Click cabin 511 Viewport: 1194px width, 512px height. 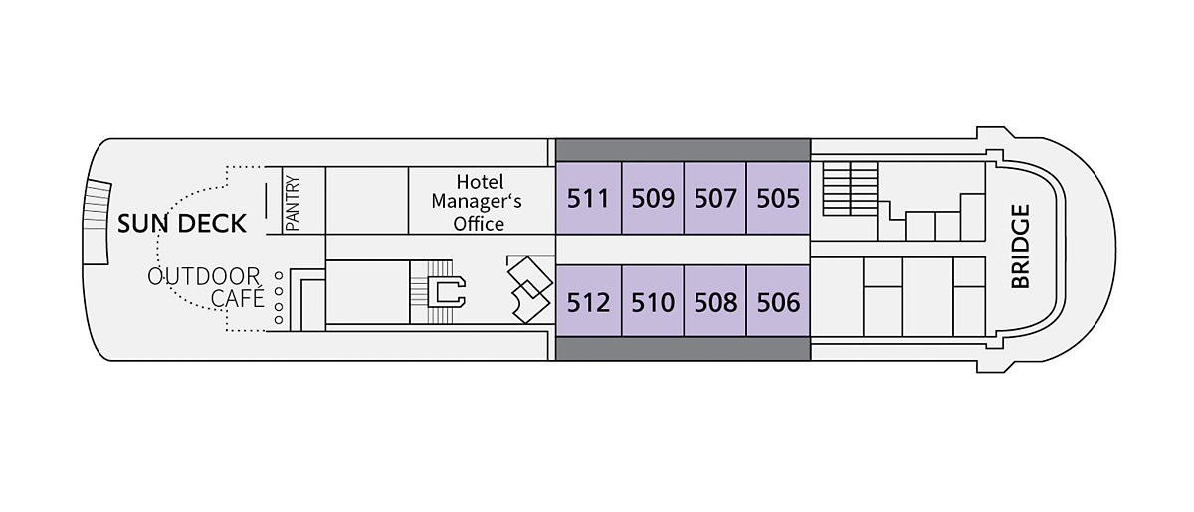[588, 199]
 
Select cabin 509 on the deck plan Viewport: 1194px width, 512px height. [653, 199]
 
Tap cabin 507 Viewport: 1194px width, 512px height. [715, 199]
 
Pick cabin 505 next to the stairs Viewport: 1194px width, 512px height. [778, 199]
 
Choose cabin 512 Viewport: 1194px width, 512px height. [588, 302]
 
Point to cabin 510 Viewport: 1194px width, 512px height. [653, 302]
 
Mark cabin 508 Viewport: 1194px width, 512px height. [715, 302]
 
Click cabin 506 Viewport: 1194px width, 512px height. [778, 302]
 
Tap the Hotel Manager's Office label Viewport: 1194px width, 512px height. [480, 203]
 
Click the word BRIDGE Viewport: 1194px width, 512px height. [1019, 247]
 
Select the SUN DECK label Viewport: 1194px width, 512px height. [182, 224]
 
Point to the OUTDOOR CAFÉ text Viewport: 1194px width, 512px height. [204, 286]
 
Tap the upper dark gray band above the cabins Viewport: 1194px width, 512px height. [683, 150]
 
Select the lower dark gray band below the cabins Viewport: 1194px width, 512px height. [683, 348]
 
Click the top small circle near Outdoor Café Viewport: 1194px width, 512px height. [278, 275]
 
